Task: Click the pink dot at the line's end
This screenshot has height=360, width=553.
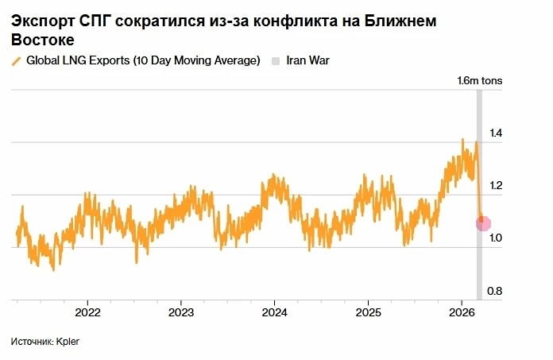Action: [483, 224]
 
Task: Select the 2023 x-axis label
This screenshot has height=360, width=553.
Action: [180, 311]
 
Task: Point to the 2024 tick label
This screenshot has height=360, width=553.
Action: [274, 311]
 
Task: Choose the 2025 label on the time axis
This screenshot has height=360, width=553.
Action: [368, 311]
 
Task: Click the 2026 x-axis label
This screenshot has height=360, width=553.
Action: [462, 311]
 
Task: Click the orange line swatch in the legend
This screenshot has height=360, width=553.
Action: [16, 61]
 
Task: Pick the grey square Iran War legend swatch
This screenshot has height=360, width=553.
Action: [276, 61]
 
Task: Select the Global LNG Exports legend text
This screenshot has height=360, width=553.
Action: [143, 61]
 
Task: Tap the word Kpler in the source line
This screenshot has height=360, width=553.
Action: [68, 342]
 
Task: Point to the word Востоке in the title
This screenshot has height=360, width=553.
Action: [43, 40]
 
